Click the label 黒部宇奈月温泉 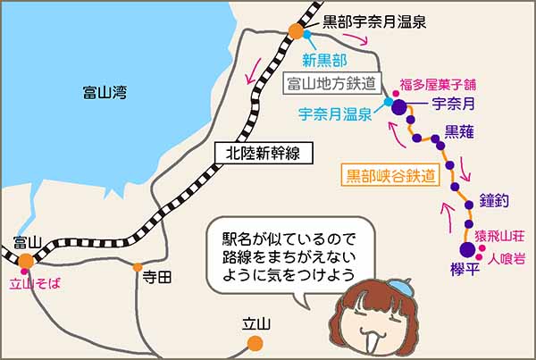tap(374, 18)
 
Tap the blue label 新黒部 tap(324, 61)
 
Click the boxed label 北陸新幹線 tap(266, 153)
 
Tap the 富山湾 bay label tap(105, 90)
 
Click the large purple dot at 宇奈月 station tap(399, 110)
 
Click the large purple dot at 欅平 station tap(466, 251)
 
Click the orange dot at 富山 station tap(27, 261)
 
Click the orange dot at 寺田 tap(138, 266)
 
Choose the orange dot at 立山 tap(255, 342)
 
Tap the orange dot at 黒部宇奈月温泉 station tap(296, 32)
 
